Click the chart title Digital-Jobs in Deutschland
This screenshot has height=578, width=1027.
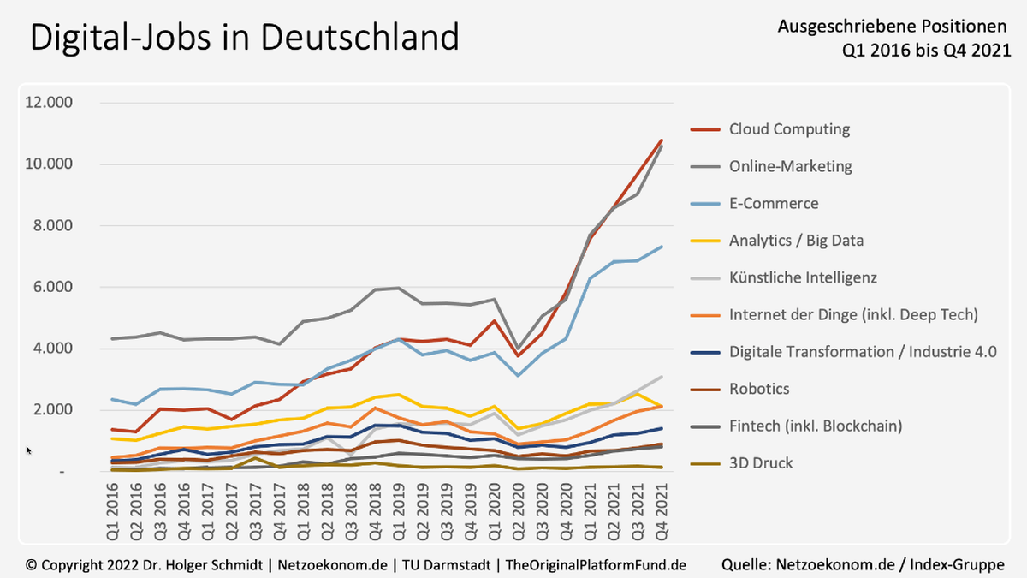point(245,38)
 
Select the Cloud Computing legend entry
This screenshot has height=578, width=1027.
point(770,129)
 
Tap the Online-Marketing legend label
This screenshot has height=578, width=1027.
point(791,166)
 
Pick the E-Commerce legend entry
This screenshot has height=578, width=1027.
point(755,203)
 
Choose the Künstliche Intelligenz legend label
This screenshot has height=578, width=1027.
point(803,277)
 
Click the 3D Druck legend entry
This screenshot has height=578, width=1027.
point(742,463)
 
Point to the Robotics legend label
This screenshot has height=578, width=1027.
point(759,389)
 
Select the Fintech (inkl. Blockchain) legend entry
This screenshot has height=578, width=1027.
point(797,426)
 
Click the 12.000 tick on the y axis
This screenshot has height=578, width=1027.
point(49,102)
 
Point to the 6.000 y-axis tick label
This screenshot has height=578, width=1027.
point(53,287)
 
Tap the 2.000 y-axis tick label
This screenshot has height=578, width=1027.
point(53,409)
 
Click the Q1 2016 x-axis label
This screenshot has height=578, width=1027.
point(112,511)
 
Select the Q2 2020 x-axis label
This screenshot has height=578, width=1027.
point(518,511)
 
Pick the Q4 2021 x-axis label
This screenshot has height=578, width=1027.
point(661,511)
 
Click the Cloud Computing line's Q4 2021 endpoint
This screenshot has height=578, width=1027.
point(661,140)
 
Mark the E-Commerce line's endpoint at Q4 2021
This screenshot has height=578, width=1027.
point(661,247)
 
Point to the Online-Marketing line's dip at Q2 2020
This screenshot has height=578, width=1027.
point(518,349)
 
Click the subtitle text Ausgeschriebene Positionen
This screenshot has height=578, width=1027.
point(892,27)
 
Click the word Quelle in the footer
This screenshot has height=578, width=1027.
point(746,564)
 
